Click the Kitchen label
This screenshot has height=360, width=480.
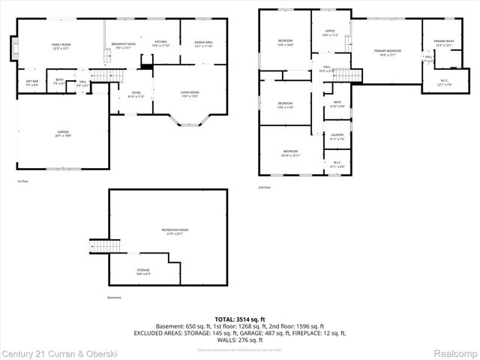(160, 43)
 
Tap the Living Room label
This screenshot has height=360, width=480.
(190, 94)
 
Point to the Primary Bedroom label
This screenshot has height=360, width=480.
(388, 52)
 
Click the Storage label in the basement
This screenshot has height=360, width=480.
(142, 271)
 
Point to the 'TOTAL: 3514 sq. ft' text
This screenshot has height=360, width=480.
(240, 319)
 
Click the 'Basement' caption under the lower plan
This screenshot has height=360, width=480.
(114, 298)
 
